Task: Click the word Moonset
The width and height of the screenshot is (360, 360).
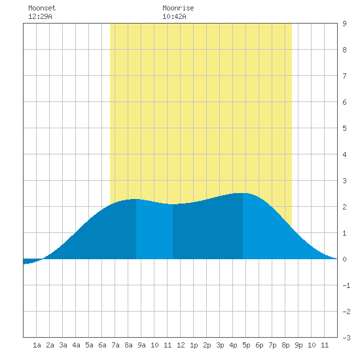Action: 42,8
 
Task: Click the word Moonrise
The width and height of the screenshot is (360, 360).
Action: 178,8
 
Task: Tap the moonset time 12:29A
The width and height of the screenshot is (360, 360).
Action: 40,16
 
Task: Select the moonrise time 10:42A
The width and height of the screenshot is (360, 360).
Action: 174,16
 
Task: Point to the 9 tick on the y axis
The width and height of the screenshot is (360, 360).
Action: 344,24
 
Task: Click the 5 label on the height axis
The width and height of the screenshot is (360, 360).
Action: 344,128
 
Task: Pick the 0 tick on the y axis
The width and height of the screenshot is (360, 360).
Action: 344,259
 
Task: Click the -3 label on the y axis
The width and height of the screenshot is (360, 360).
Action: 346,338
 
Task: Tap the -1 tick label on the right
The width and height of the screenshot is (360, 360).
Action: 346,285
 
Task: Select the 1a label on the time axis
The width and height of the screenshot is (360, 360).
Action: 37,345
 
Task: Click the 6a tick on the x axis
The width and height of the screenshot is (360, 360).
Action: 102,345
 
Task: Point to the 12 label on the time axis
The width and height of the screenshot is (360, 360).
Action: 181,345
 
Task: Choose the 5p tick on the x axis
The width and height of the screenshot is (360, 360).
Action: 246,345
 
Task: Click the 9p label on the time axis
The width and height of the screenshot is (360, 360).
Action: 298,345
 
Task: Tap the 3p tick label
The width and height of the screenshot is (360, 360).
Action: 220,345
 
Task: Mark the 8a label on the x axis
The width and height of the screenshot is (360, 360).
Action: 128,345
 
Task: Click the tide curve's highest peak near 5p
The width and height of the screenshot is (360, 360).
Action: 243,193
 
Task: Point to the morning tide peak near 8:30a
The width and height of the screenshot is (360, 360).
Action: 135,199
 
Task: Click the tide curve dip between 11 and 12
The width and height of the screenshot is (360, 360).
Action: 173,204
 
